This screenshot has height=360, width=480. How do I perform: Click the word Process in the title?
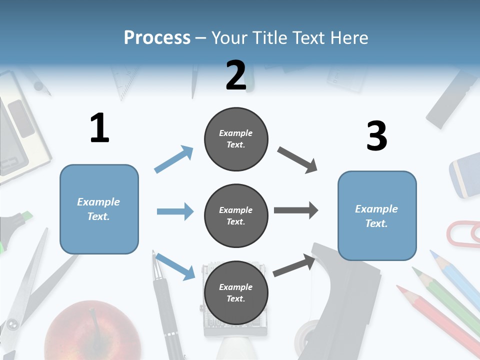coord(157,37)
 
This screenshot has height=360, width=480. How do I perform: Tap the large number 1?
coord(99,128)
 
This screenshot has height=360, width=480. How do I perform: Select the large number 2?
coord(236,75)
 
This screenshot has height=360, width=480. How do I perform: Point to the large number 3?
coord(376,136)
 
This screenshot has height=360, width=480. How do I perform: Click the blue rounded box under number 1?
coord(99,209)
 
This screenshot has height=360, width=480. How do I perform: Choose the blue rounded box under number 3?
coord(377,215)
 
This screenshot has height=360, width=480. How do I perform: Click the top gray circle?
coord(236,139)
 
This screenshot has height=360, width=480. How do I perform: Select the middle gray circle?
coord(236,215)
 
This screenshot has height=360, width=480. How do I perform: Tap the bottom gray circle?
coord(236,292)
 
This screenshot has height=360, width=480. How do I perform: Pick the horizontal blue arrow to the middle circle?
coord(175,211)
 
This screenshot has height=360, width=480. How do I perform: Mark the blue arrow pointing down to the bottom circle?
coord(175,266)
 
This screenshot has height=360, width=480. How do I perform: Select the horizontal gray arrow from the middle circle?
coord(296,210)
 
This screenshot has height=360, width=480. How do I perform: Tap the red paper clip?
coord(462,233)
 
